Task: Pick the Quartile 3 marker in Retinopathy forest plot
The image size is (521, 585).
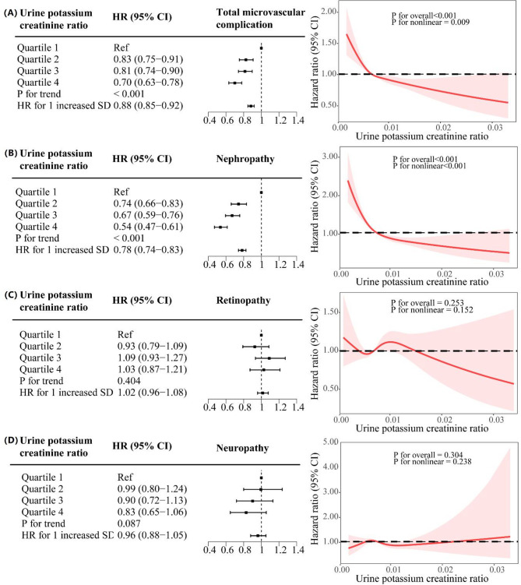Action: [269, 358]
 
